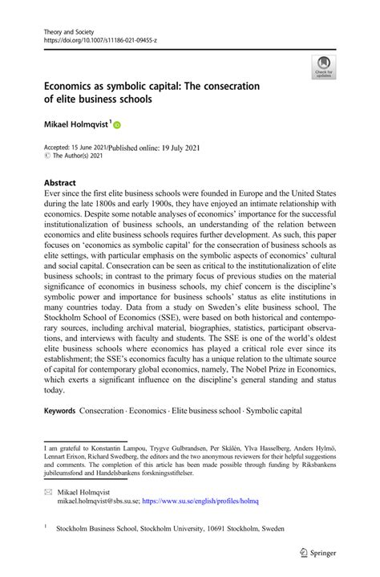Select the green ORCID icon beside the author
116,125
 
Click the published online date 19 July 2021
174,148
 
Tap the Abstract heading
60,182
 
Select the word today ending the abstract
54,391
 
